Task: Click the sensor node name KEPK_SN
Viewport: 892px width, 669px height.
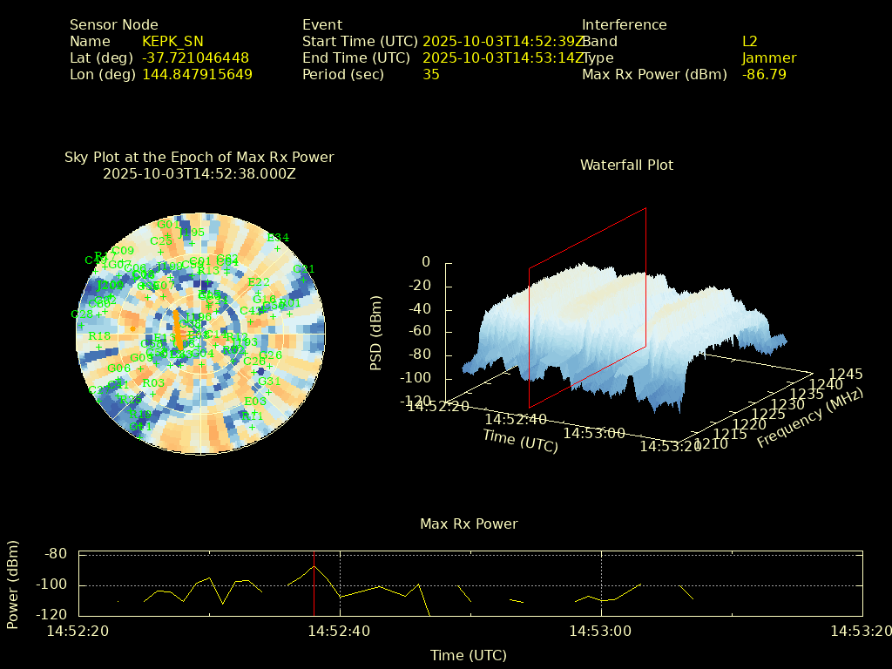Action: (174, 42)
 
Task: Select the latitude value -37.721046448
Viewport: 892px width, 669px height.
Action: (195, 58)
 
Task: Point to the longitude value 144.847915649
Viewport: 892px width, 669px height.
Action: (197, 75)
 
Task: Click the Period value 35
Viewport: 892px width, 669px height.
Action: (431, 75)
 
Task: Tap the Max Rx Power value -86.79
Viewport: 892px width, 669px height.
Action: (764, 75)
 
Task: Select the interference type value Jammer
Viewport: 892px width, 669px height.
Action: (769, 58)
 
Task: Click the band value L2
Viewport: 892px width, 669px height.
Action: (750, 42)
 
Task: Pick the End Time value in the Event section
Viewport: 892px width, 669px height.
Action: (503, 58)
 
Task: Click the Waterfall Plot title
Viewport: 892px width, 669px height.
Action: (626, 166)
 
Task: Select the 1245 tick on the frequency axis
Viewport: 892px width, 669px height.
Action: (847, 375)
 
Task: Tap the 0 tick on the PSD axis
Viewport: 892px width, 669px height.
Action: (426, 262)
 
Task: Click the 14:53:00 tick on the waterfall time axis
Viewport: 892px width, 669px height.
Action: (594, 433)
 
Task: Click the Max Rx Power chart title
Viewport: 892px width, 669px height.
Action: (469, 524)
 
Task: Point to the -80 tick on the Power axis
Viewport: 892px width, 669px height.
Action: (57, 554)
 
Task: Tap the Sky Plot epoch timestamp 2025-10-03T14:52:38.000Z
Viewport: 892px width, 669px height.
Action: (199, 174)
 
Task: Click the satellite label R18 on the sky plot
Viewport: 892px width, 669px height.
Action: (99, 336)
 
